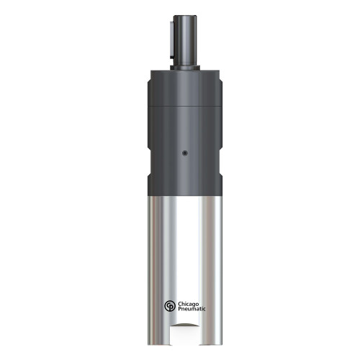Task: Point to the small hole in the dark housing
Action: coord(184,152)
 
